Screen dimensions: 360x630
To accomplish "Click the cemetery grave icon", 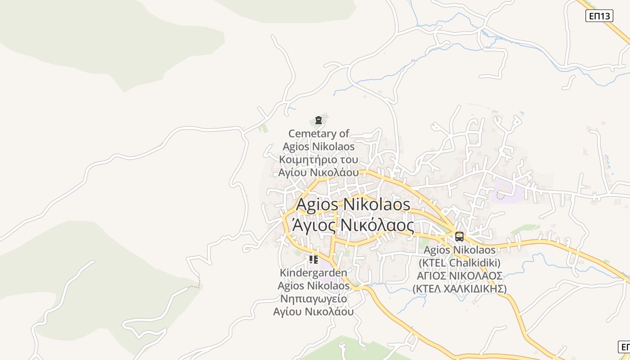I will click(x=319, y=120).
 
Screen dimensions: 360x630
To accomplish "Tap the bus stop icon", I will click(x=459, y=236).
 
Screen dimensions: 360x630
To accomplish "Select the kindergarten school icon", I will click(x=313, y=260).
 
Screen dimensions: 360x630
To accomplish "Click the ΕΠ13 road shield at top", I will click(x=599, y=16).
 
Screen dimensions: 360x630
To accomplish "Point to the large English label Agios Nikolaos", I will click(x=353, y=204).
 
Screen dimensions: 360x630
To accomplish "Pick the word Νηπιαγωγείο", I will click(x=314, y=299).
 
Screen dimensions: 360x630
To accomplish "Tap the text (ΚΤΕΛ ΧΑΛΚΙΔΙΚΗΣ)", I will click(x=459, y=289).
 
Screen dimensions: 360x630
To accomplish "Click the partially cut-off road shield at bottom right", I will click(x=625, y=347).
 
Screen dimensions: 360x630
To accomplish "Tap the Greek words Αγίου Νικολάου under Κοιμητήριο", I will click(x=319, y=172).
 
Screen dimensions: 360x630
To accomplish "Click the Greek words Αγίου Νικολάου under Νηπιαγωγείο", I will click(x=313, y=312).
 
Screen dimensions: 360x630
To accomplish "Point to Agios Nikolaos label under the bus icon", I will click(x=459, y=250).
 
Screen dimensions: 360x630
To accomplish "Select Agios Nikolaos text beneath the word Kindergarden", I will click(x=313, y=286).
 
